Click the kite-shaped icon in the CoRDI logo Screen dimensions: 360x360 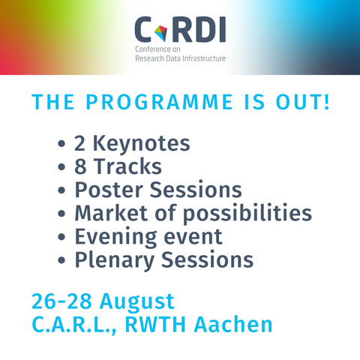[160, 33]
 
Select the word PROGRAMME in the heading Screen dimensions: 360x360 [159, 102]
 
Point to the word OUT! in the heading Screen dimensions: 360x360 [303, 102]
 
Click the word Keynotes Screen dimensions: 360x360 [141, 143]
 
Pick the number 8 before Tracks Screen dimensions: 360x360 [80, 166]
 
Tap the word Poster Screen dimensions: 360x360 [109, 190]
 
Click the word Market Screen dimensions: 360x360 [112, 213]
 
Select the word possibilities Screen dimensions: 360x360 [247, 214]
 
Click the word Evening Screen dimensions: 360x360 [116, 237]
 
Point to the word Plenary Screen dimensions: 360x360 [115, 260]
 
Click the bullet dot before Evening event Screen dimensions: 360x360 [61, 236]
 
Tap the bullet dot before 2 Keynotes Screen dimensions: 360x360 [61, 144]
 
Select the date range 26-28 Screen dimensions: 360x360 [61, 301]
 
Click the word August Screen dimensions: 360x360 [137, 302]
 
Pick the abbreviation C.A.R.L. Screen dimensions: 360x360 [74, 325]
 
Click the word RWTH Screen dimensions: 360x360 [155, 325]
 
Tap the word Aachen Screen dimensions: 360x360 [233, 324]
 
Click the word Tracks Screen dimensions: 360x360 [127, 166]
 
